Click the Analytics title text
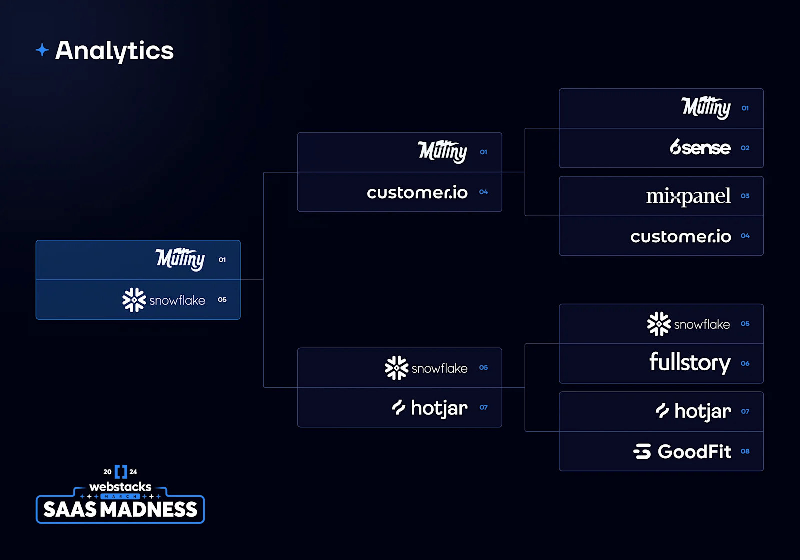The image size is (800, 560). (114, 51)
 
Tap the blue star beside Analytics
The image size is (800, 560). (42, 50)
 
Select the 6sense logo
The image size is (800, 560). (700, 147)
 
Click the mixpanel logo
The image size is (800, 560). (688, 196)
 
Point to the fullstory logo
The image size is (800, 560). (690, 363)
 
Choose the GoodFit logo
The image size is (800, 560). (682, 451)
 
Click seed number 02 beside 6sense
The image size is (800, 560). (745, 148)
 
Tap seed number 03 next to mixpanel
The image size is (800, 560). (745, 196)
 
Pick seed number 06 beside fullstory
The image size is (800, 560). (745, 363)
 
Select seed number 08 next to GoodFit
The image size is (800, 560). (745, 451)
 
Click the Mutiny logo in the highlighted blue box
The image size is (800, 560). (180, 259)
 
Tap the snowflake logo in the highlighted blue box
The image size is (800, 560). (164, 300)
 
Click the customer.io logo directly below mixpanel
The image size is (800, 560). (681, 236)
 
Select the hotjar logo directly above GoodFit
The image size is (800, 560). (693, 411)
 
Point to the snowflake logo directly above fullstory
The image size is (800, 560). (688, 324)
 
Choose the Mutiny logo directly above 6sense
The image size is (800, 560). (706, 107)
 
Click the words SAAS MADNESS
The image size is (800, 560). (120, 510)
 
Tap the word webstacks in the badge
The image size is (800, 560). (120, 487)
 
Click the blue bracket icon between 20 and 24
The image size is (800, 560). (121, 471)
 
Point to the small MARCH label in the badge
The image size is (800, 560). (120, 496)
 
